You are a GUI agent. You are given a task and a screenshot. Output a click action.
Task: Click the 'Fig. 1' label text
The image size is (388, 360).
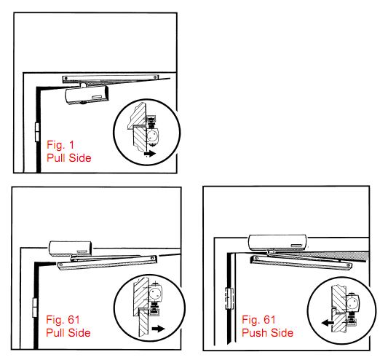(60, 145)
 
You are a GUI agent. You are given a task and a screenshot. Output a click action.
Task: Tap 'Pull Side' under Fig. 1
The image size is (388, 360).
(68, 158)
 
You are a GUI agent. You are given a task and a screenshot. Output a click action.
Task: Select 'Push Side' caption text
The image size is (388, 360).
(267, 332)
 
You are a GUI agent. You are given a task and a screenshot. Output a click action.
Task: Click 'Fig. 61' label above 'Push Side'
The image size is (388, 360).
(258, 320)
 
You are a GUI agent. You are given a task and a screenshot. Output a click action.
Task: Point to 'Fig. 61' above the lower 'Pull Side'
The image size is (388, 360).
(63, 320)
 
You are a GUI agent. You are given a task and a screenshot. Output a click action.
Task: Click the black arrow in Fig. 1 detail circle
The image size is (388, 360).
(150, 154)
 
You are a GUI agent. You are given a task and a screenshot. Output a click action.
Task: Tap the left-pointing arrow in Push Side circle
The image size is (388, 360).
(327, 323)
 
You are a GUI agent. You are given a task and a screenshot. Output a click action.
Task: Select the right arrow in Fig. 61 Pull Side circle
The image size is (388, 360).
(159, 329)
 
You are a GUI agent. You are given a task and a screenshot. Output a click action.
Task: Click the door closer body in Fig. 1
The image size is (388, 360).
(87, 95)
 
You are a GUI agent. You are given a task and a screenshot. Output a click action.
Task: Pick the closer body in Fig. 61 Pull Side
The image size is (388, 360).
(71, 249)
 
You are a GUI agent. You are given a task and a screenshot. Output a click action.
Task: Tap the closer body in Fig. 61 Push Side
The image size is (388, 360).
(277, 243)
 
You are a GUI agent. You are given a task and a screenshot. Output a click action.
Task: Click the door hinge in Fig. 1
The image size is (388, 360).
(37, 132)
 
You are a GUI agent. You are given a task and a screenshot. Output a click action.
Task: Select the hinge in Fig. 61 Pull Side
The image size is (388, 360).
(35, 308)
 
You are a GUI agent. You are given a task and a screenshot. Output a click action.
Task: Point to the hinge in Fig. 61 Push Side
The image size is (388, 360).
(229, 298)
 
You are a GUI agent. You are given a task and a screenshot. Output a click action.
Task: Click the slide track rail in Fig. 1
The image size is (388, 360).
(111, 78)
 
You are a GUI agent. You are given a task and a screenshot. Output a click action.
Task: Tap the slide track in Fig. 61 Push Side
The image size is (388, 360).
(301, 263)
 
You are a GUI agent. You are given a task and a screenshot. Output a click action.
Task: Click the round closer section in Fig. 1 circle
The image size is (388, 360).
(152, 136)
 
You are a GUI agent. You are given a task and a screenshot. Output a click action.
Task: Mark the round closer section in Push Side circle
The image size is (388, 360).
(352, 302)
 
